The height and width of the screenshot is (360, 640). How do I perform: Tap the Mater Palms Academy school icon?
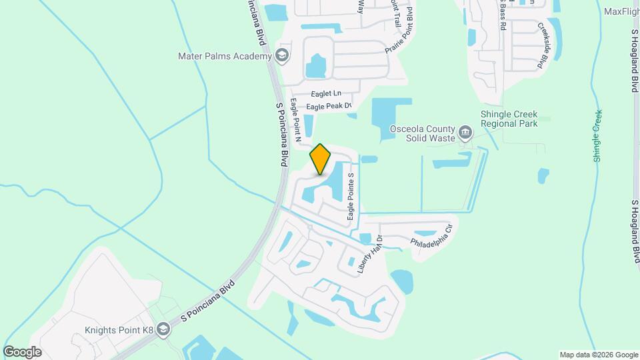coord(282,56)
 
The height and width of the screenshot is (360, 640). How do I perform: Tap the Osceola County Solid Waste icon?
coord(465,133)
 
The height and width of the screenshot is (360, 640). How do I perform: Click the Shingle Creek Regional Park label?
coord(509,119)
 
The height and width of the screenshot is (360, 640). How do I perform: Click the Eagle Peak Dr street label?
coord(328,106)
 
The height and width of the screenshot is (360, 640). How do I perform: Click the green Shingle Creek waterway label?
coord(597,136)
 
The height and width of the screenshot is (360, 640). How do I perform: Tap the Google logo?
coord(22,351)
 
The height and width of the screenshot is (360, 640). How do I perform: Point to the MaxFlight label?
coord(621,11)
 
